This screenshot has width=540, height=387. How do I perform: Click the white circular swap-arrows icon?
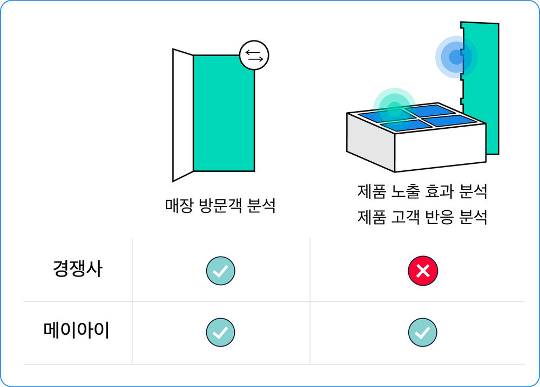point(254,56)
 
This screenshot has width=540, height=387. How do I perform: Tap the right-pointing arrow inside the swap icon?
point(254,59)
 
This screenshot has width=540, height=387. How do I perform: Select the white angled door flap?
point(183,115)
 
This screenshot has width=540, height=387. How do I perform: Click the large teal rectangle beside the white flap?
point(224,113)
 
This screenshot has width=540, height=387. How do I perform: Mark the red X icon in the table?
point(423,271)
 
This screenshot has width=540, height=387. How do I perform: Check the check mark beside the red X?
point(220,271)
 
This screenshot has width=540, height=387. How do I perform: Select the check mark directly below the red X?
point(422,332)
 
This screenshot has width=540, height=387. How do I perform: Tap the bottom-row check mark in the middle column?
point(220,332)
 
